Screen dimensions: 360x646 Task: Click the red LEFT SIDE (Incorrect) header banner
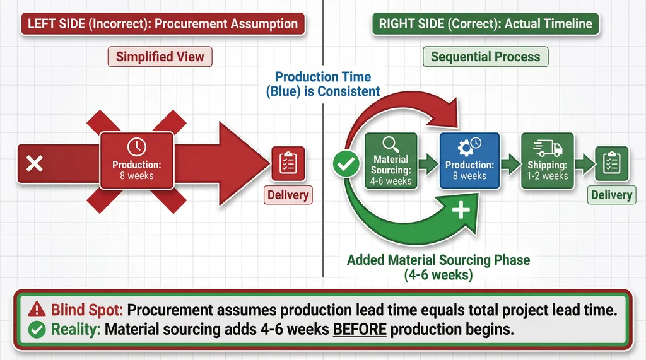coord(163,25)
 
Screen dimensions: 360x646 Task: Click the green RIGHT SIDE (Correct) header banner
coord(485,25)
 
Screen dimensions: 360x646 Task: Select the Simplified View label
coord(160,57)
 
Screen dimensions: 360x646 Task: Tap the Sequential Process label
coord(485,57)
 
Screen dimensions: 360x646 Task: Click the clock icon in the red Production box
coord(136,148)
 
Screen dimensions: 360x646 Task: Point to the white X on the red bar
coord(35,165)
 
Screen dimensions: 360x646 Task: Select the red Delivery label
coord(288,195)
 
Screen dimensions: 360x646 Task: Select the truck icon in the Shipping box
coord(547,148)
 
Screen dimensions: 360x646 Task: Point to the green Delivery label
coord(611,195)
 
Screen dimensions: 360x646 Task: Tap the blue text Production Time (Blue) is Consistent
coord(323,84)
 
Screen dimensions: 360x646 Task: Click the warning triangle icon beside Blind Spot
coord(37,310)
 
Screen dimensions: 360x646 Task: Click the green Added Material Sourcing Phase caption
coord(438,267)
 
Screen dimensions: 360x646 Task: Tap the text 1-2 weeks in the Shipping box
coord(547,176)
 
